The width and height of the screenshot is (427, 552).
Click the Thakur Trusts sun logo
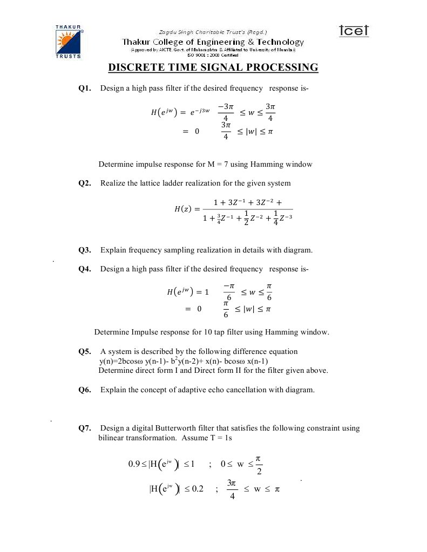[68, 41]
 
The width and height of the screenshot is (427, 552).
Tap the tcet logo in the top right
[354, 31]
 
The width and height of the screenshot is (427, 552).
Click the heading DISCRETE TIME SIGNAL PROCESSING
[213, 67]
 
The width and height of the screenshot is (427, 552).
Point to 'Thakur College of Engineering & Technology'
[213, 42]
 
